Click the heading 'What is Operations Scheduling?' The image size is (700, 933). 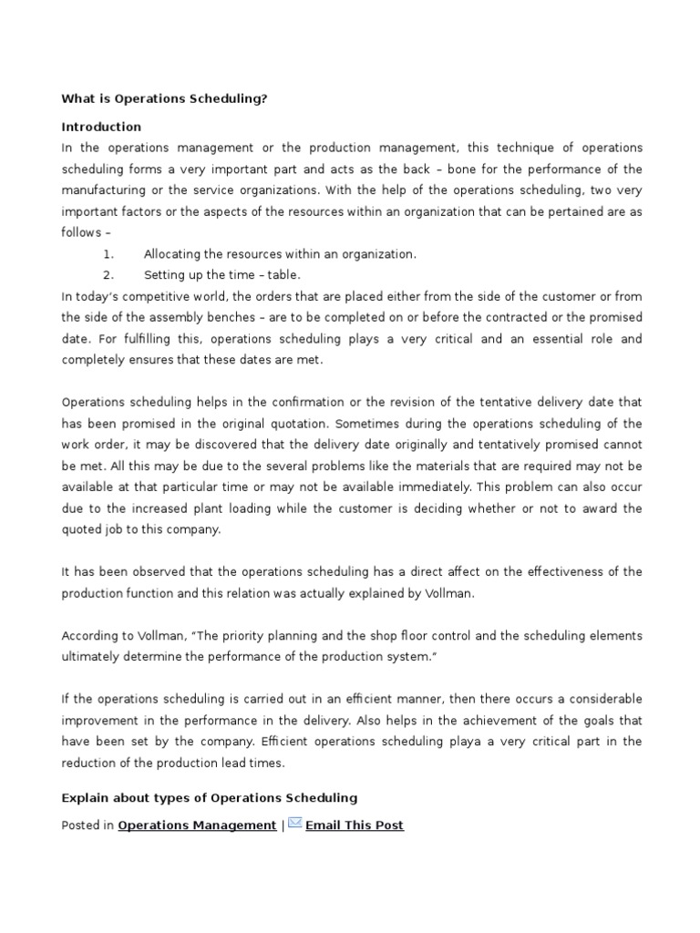pyautogui.click(x=164, y=98)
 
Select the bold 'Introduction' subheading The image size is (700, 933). pyautogui.click(x=101, y=127)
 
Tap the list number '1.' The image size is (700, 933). pyautogui.click(x=108, y=254)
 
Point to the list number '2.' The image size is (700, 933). pyautogui.click(x=108, y=274)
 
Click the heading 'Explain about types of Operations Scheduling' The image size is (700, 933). pyautogui.click(x=209, y=797)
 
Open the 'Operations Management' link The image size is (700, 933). pyautogui.click(x=197, y=825)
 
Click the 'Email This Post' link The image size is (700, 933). pyautogui.click(x=355, y=825)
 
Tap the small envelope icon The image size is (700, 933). pyautogui.click(x=295, y=823)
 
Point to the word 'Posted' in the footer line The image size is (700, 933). pyautogui.click(x=80, y=825)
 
